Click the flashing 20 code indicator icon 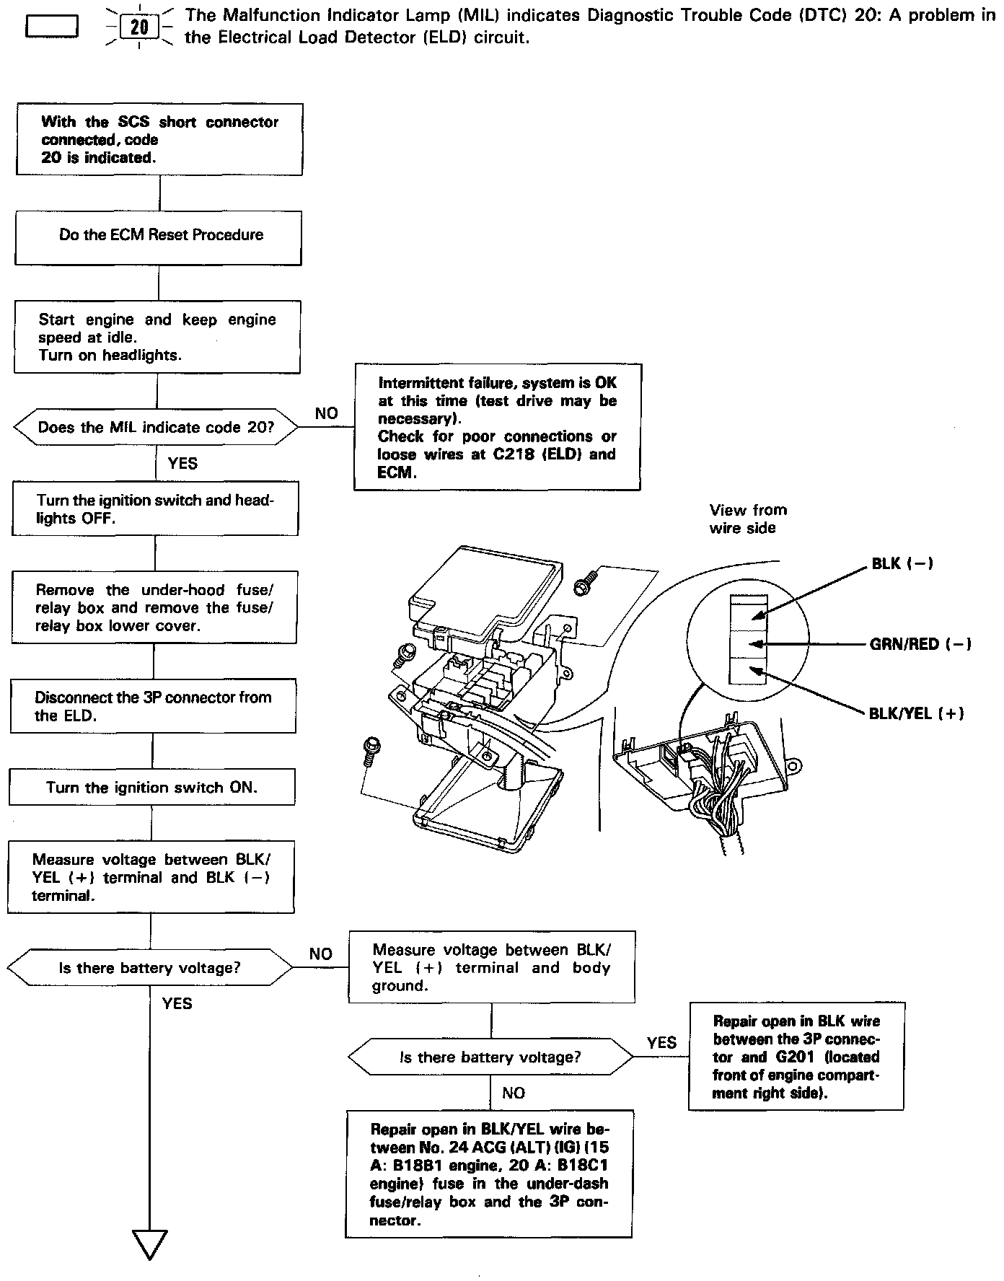point(139,27)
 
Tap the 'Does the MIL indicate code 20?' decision point(155,427)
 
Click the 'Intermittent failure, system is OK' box point(497,427)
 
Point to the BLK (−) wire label point(902,563)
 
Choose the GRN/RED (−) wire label point(920,644)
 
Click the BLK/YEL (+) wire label point(916,713)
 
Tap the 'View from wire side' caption point(748,519)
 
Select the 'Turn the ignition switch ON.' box point(152,787)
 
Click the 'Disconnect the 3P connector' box point(153,706)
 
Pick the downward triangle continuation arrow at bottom point(150,1243)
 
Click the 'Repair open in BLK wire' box point(796,1056)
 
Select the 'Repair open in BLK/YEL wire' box point(489,1174)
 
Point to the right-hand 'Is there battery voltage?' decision point(490,1057)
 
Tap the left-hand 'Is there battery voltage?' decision point(150,968)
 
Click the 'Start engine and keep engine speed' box point(157,337)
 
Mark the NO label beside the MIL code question point(326,413)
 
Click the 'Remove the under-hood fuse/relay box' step point(154,607)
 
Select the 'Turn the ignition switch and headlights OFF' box point(155,509)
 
